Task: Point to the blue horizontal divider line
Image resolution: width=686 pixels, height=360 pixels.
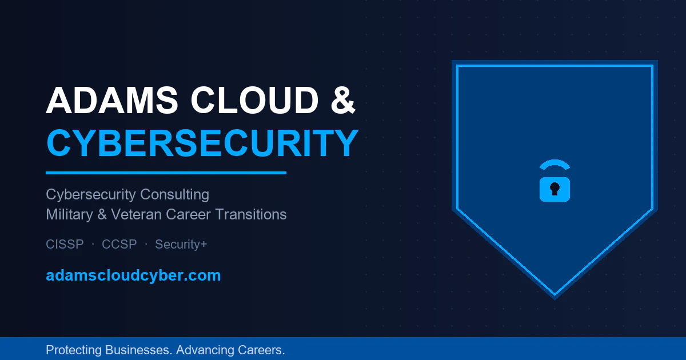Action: pos(166,173)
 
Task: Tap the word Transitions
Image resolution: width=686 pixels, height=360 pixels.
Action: pos(251,214)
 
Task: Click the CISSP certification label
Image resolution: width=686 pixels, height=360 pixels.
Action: pos(65,245)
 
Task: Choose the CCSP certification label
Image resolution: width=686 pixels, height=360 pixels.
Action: pos(119,245)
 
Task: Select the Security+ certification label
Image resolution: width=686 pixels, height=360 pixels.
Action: pos(181,245)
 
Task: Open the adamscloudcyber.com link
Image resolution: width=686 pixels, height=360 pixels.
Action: pos(133,275)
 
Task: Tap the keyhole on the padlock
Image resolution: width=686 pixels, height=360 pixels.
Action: pos(555,189)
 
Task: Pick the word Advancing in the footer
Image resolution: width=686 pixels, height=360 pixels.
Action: pos(204,350)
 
